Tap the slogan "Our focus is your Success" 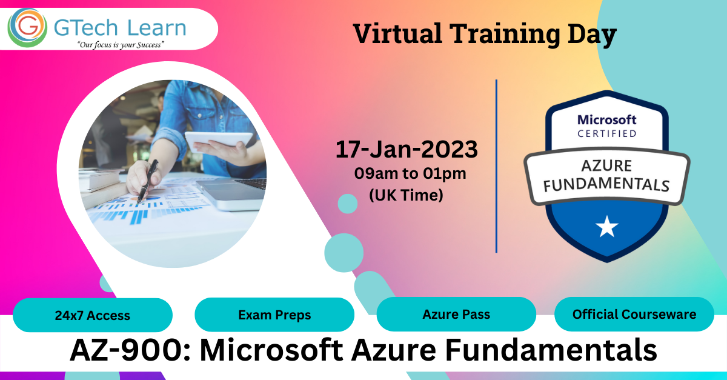121,45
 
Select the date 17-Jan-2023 407,149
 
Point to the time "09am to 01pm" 410,174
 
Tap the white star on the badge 606,227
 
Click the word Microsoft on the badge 606,119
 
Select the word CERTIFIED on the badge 606,133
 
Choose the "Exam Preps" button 274,315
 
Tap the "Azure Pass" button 456,315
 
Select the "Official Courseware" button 634,315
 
